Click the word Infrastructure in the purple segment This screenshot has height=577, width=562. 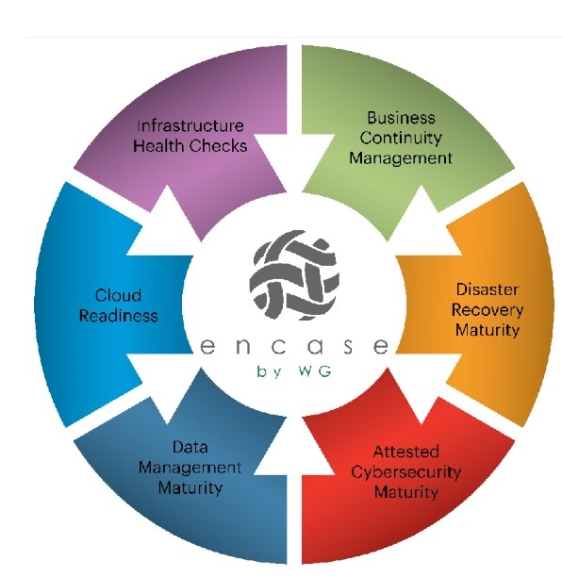pos(190,125)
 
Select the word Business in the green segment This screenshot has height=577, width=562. pos(401,118)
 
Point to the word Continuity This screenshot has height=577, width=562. pos(401,139)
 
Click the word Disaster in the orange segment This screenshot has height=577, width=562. pos(488,289)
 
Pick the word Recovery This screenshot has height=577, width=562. pos(488,310)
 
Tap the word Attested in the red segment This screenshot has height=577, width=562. pos(406,452)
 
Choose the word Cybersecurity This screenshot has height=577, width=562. pos(406,472)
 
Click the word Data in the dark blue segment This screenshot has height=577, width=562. pos(190,448)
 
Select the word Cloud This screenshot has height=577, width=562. pos(118,295)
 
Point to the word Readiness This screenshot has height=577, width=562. pos(119,316)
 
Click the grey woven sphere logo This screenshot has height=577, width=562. pos(294,275)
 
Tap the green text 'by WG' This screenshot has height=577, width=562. pos(294,371)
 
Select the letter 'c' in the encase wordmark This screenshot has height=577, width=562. pos(278,347)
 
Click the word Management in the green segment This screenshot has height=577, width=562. pos(401,159)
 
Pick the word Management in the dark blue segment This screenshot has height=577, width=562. pos(190,468)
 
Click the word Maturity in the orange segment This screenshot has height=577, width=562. pos(488,330)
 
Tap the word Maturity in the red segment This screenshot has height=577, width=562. pos(406,493)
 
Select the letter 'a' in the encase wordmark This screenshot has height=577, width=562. pos(315,347)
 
